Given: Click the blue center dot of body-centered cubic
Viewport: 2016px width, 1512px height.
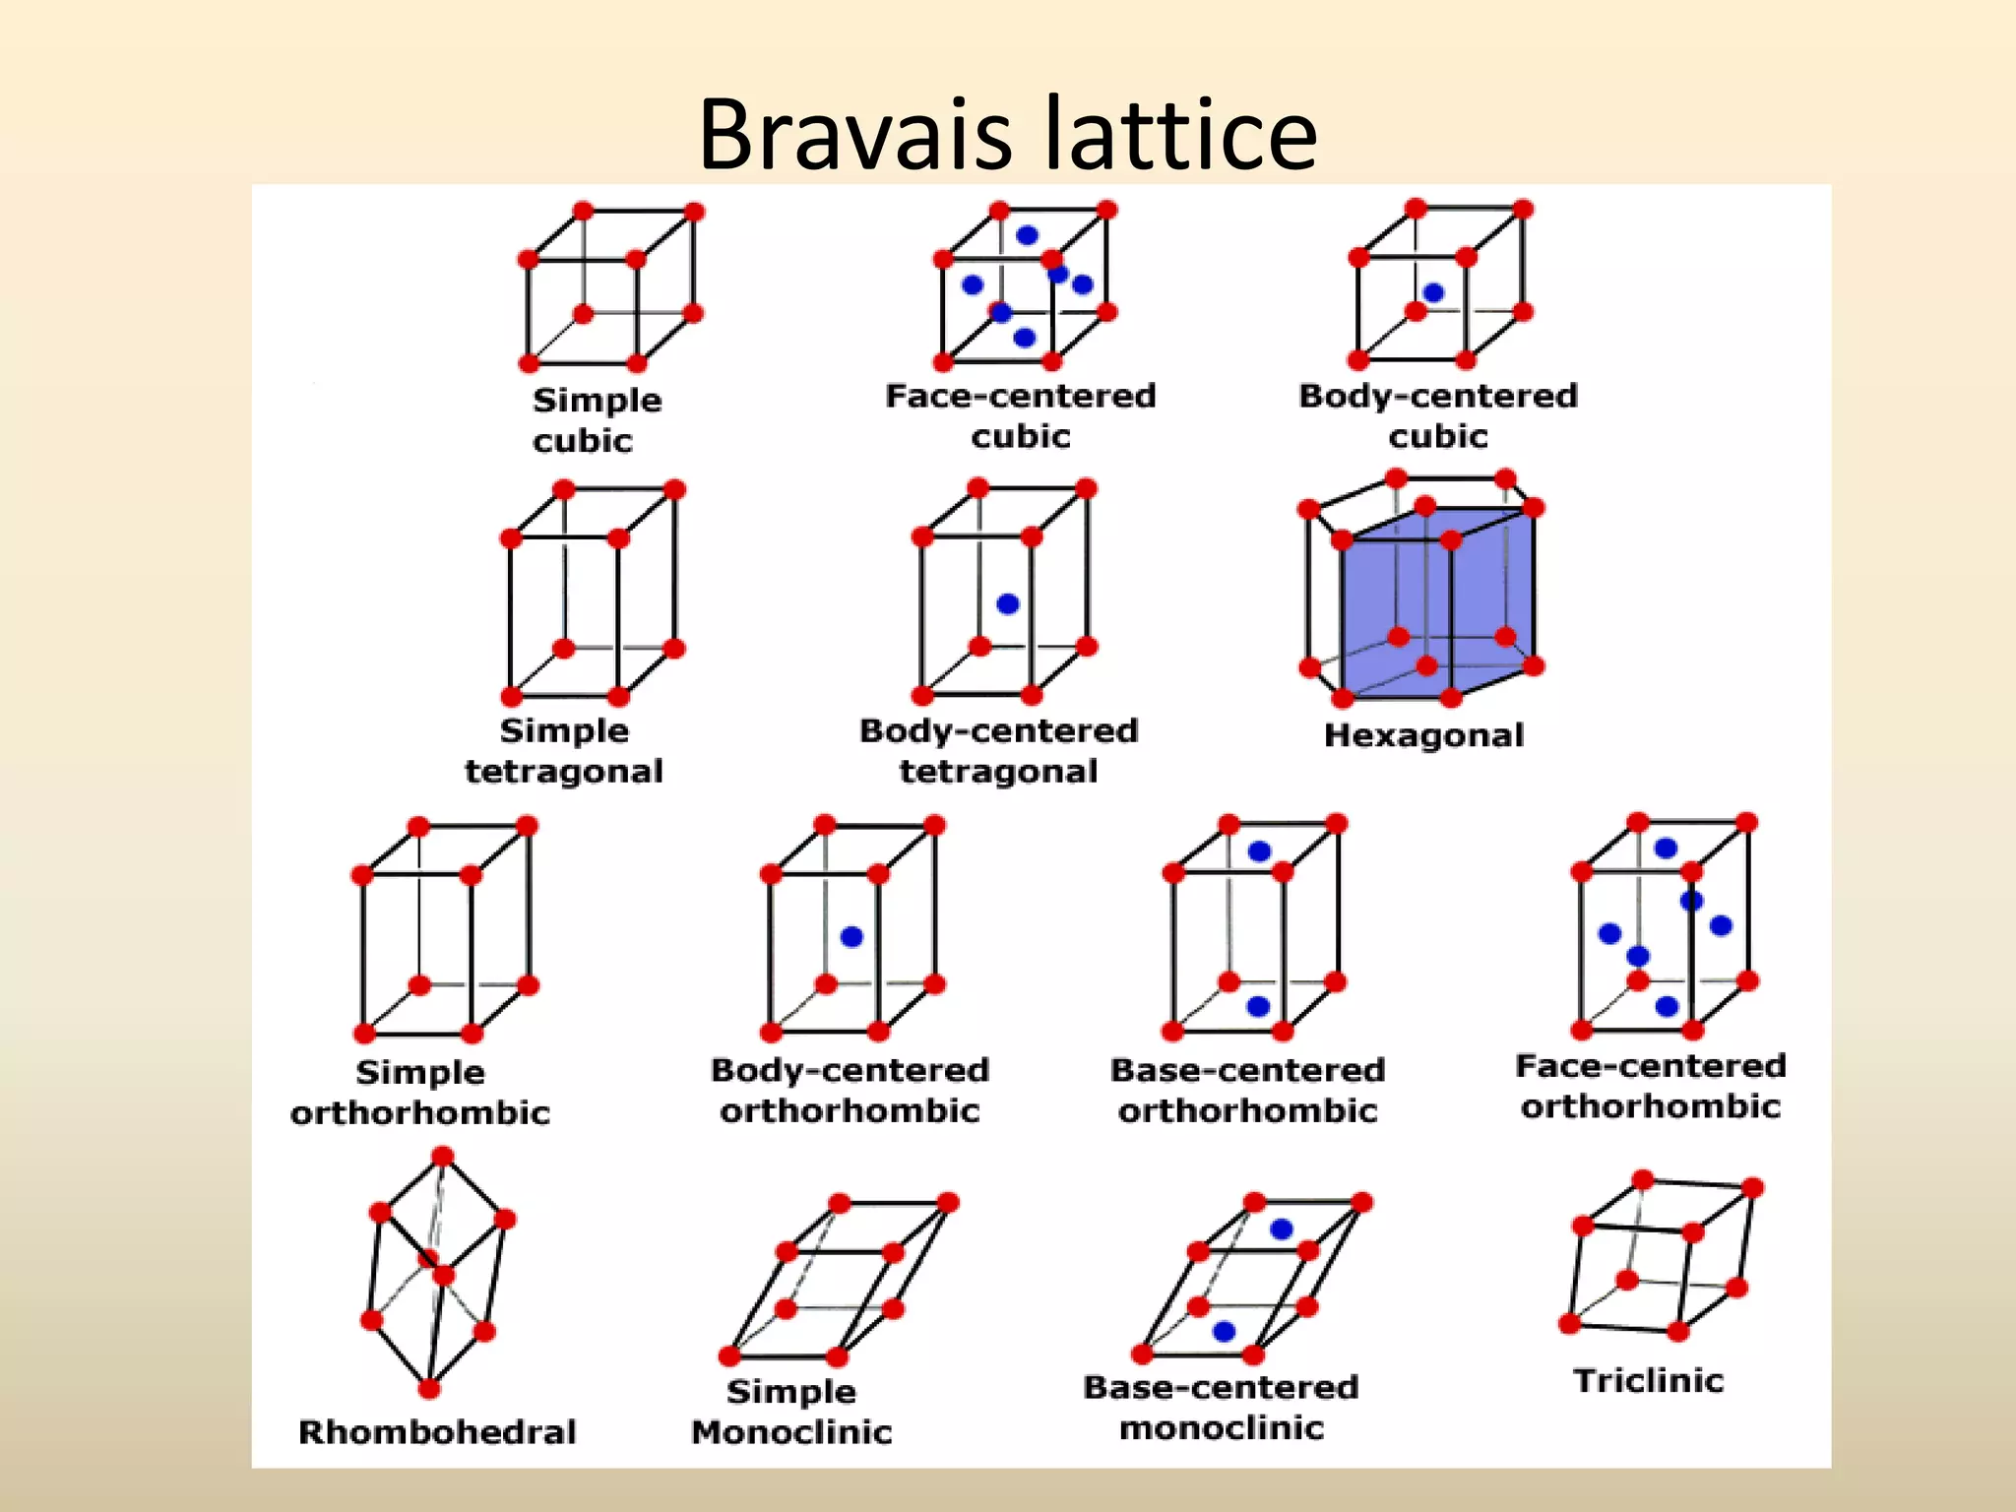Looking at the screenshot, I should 1433,292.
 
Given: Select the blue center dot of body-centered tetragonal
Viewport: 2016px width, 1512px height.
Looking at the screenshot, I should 1007,603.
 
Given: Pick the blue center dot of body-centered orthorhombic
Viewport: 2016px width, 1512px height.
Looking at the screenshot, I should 851,936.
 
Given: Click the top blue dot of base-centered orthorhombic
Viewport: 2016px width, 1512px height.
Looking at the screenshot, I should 1259,851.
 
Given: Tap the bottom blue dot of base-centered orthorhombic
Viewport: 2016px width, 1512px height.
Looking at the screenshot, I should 1258,1006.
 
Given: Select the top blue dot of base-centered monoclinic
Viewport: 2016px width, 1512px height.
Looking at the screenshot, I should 1281,1228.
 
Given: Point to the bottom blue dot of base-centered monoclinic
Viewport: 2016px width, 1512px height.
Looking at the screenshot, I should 1225,1331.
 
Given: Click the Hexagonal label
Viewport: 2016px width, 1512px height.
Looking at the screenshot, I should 1423,735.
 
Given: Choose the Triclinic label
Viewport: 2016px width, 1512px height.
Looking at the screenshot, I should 1649,1380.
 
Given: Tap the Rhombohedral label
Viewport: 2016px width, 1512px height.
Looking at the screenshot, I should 437,1431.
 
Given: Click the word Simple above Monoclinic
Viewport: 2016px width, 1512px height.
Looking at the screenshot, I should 791,1391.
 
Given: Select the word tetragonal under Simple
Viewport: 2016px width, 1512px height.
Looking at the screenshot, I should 564,771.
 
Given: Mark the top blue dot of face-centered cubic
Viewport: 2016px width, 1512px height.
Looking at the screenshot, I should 1027,235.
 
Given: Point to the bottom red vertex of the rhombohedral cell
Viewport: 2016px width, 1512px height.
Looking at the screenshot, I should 429,1388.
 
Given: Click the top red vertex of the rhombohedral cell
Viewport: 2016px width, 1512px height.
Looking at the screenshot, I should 443,1156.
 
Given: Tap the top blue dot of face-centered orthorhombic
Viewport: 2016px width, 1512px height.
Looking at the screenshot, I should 1666,848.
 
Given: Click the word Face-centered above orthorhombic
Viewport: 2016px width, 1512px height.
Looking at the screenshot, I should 1651,1065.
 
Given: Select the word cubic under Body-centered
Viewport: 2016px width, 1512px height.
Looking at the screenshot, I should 1438,436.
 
